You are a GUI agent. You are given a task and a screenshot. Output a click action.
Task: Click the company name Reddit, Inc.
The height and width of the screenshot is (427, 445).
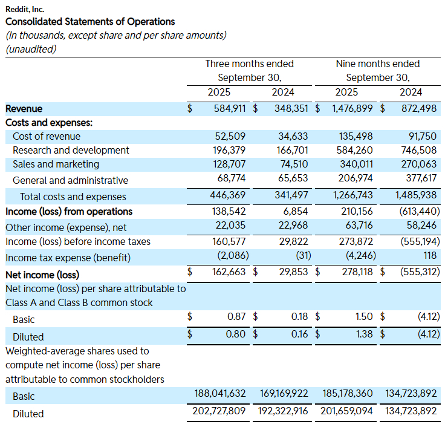pyautogui.click(x=25, y=9)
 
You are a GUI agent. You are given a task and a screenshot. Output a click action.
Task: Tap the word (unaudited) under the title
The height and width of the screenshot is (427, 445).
pyautogui.click(x=30, y=49)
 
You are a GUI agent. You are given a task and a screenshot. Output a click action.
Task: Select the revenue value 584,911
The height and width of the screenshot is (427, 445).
pyautogui.click(x=230, y=109)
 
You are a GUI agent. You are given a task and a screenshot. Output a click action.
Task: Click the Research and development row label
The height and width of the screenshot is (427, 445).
pyautogui.click(x=71, y=150)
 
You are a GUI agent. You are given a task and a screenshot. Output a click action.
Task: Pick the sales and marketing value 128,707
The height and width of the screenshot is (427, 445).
pyautogui.click(x=230, y=165)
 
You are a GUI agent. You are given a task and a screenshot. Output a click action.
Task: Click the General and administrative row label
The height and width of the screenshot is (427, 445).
pyautogui.click(x=70, y=180)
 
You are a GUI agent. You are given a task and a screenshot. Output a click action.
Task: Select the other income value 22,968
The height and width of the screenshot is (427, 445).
pyautogui.click(x=291, y=226)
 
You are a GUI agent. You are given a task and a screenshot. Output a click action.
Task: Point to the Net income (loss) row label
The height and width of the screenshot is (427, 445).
pyautogui.click(x=42, y=275)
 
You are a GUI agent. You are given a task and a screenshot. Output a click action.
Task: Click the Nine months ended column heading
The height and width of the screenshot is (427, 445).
pyautogui.click(x=377, y=64)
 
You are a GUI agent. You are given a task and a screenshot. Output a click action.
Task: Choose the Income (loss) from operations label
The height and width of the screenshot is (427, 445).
pyautogui.click(x=68, y=212)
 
